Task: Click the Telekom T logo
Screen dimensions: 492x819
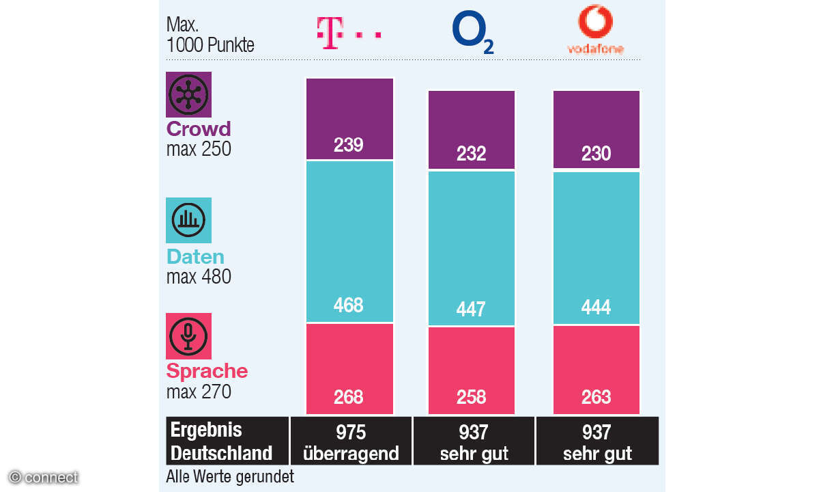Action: point(348,33)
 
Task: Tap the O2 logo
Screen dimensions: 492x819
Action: point(472,33)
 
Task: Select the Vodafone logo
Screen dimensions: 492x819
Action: point(595,30)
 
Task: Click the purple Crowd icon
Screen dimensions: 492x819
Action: point(189,95)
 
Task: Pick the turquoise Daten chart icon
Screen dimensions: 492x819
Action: point(189,220)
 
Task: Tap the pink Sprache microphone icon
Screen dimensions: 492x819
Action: point(189,336)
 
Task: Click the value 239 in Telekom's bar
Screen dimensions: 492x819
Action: point(349,145)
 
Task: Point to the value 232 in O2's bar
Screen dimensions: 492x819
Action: point(472,154)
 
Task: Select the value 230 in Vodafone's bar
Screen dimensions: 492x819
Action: point(596,154)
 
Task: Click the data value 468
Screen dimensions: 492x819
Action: point(349,305)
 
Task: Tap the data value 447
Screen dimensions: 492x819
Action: point(472,310)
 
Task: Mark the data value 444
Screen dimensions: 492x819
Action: point(596,307)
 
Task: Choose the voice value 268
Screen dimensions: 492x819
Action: point(349,397)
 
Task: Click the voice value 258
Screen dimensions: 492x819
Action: point(472,397)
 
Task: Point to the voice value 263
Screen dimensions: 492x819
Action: point(596,397)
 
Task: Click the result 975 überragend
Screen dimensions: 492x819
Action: point(351,442)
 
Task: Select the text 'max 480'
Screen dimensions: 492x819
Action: point(199,277)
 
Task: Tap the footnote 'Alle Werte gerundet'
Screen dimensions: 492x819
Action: point(230,476)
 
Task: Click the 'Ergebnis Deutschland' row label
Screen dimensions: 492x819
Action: point(221,441)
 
